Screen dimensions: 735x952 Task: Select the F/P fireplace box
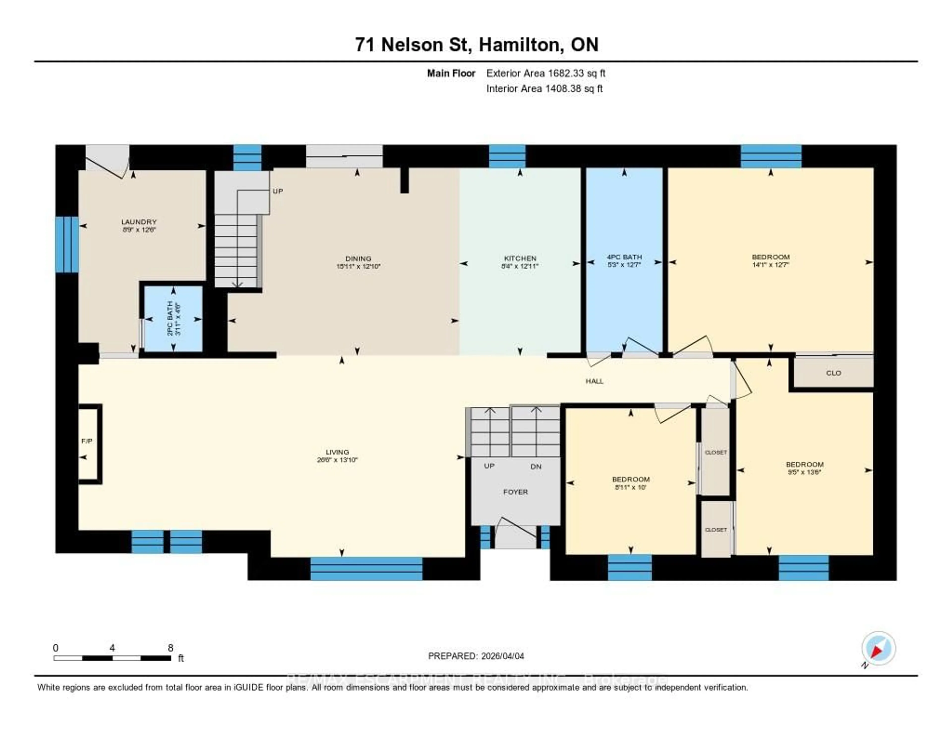[x=89, y=442]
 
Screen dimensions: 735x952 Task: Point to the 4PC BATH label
[x=624, y=257]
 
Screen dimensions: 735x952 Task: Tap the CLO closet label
[x=833, y=373]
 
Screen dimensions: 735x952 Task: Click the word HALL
[x=594, y=381]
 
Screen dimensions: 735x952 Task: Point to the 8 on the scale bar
[x=170, y=648]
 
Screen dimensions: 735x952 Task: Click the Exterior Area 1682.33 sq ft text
[x=546, y=73]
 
